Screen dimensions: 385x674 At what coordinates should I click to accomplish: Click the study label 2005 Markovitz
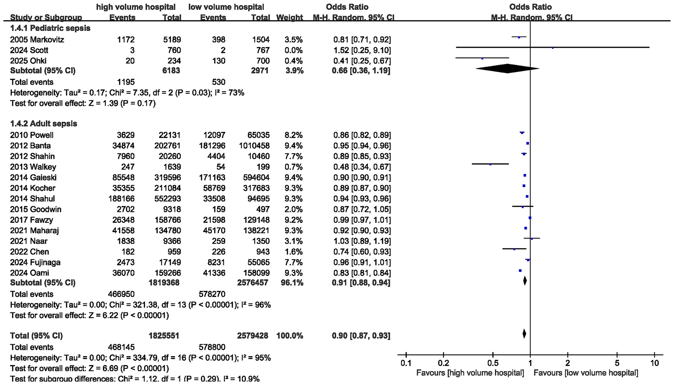pos(37,40)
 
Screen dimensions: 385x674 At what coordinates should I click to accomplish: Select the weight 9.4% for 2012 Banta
pos(293,145)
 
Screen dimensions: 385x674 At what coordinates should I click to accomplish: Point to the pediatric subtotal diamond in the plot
pos(507,69)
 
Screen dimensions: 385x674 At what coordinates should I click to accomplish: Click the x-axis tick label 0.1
pos(406,363)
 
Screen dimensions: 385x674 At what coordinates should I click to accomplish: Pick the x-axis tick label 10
pos(654,363)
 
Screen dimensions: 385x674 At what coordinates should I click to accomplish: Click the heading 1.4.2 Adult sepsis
pos(43,124)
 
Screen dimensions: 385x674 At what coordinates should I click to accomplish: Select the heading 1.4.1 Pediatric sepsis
pos(50,29)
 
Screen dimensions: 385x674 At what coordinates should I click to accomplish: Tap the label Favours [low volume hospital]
pos(586,373)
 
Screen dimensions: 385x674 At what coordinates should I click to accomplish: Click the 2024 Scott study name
pos(29,50)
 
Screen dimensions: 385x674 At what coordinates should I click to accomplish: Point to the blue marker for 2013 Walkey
pos(490,164)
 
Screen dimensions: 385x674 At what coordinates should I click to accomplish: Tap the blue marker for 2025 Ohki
pos(482,58)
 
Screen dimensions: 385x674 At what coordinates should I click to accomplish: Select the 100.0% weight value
pos(289,336)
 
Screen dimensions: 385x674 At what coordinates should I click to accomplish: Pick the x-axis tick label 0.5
pos(493,363)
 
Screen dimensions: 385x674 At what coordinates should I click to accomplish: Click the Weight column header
pos(289,18)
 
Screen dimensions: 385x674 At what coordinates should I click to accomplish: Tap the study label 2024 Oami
pos(30,273)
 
